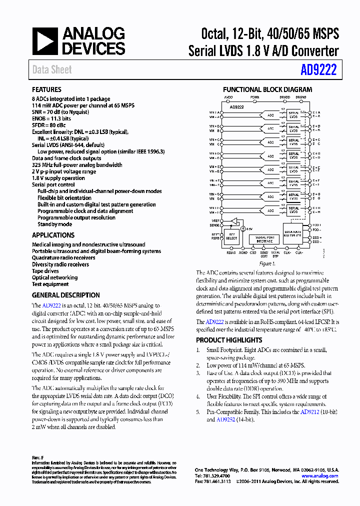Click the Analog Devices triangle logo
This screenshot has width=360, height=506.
(x=45, y=41)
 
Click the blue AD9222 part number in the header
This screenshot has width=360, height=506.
(x=319, y=70)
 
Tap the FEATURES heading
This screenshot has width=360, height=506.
(x=46, y=89)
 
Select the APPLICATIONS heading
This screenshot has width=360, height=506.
(x=53, y=235)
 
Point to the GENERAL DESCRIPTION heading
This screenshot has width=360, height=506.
(x=65, y=295)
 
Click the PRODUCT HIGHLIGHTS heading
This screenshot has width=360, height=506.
(x=228, y=340)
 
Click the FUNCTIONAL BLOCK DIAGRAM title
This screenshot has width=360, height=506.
(x=267, y=89)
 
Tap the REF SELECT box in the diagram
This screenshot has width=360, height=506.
(x=231, y=236)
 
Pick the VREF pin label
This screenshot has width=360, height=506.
(x=214, y=220)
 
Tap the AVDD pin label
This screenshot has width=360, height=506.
(x=228, y=97)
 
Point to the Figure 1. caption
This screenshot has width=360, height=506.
(x=267, y=263)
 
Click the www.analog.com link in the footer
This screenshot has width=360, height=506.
(x=319, y=476)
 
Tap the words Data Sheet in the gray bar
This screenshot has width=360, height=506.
(x=52, y=70)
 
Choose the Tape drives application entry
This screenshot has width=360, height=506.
(x=45, y=271)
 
